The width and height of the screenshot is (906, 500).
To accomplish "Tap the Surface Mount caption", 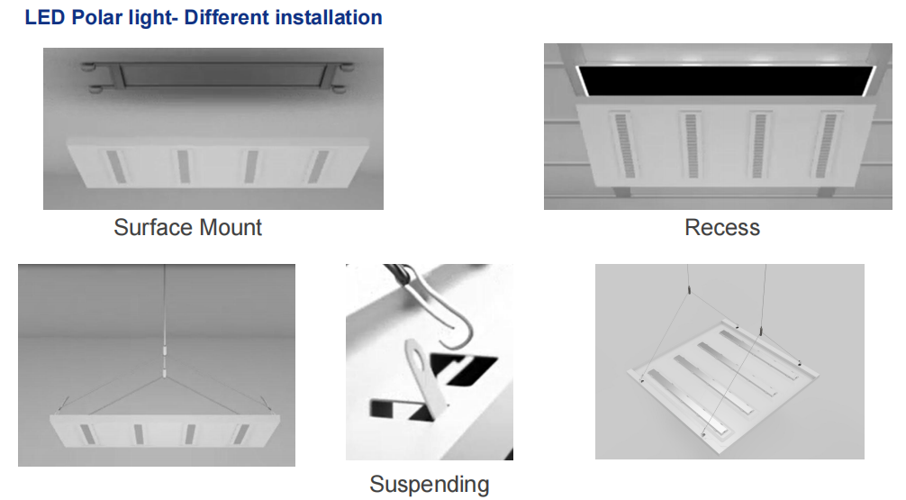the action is [188, 227].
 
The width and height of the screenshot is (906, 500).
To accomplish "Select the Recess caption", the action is [722, 227].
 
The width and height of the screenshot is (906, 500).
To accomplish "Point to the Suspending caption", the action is [430, 485].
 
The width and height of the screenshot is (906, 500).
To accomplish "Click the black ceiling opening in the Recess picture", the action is [727, 80].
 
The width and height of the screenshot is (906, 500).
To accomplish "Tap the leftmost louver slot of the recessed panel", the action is [623, 145].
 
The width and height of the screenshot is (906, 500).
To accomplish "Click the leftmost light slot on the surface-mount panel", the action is [117, 167].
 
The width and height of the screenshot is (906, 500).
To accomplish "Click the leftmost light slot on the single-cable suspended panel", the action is [88, 434].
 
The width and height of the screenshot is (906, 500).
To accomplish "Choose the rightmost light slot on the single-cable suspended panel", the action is [241, 434].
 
